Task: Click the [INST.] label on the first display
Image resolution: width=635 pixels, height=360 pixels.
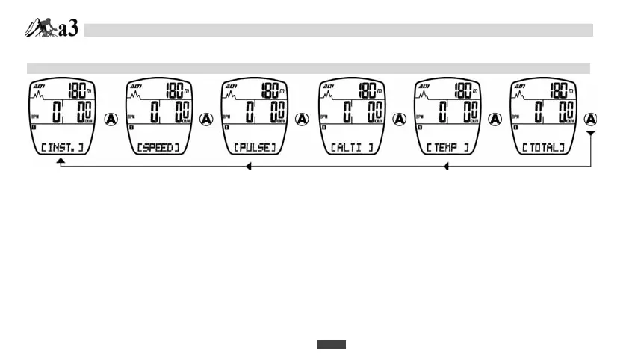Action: [62, 148]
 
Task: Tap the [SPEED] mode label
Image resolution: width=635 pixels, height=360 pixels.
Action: [158, 148]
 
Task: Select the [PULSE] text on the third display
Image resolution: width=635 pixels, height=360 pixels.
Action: [254, 148]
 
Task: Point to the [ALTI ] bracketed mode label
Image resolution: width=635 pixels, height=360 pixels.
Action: [350, 148]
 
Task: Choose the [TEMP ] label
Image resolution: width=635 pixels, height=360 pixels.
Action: [447, 148]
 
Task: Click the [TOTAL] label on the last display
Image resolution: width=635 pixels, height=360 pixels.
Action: [542, 148]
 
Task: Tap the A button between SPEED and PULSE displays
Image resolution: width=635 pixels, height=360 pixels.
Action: [207, 120]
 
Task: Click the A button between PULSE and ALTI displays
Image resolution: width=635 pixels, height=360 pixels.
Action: [303, 120]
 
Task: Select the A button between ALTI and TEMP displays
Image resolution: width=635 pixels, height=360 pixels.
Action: [399, 120]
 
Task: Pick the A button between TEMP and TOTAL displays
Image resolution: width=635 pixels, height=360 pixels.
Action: [495, 120]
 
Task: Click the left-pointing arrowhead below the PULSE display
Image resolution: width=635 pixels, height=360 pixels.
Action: [249, 167]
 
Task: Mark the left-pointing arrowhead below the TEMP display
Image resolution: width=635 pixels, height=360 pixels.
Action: [447, 167]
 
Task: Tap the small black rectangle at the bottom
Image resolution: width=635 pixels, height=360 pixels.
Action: [331, 344]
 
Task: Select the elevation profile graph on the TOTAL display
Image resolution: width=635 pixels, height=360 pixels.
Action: [524, 98]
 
